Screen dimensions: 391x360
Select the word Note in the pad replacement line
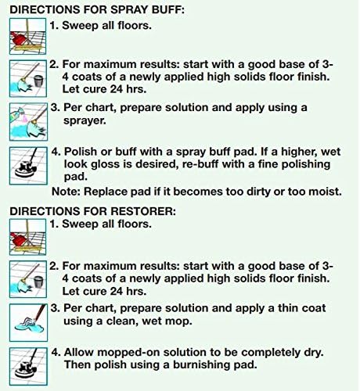tap(66, 191)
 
